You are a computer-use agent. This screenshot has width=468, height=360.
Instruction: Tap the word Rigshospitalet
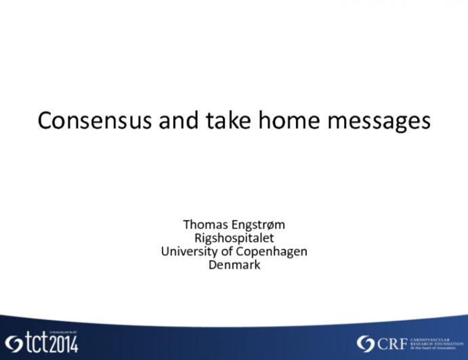pyautogui.click(x=234, y=238)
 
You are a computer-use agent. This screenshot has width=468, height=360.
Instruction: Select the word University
pyautogui.click(x=188, y=252)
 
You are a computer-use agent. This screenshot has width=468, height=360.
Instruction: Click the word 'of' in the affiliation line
pyautogui.click(x=228, y=252)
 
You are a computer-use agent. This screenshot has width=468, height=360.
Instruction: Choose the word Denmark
pyautogui.click(x=234, y=265)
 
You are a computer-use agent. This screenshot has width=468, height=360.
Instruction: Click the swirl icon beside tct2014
pyautogui.click(x=13, y=344)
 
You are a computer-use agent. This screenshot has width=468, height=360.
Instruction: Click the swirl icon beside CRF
pyautogui.click(x=366, y=343)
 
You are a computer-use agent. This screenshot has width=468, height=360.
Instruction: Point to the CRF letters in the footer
pyautogui.click(x=392, y=343)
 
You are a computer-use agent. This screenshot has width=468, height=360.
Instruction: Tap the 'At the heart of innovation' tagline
pyautogui.click(x=434, y=348)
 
